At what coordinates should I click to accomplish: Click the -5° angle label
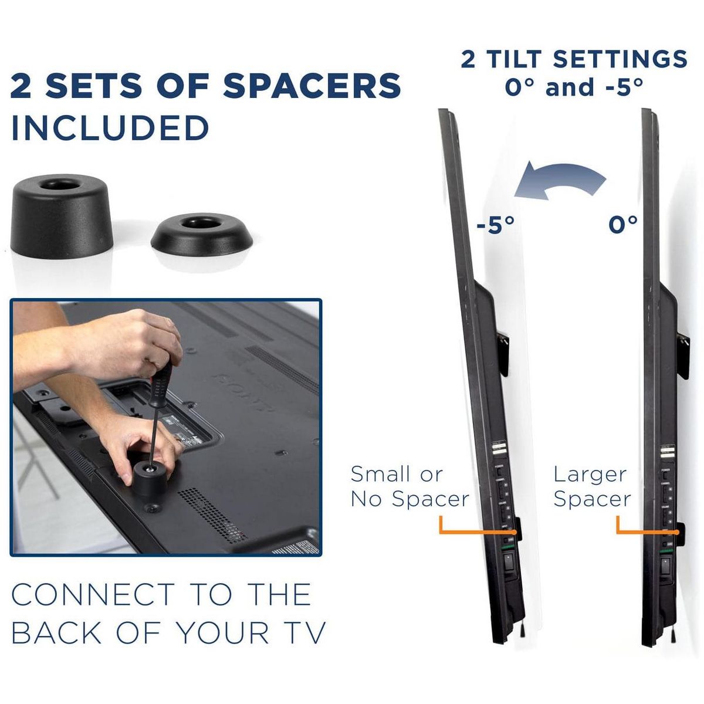pos(496,225)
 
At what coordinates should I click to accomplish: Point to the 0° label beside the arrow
pos(623,224)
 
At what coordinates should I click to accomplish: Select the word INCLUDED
pos(110,127)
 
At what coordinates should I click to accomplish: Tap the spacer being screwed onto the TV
pos(151,477)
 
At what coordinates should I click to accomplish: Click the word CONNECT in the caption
pos(93,595)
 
